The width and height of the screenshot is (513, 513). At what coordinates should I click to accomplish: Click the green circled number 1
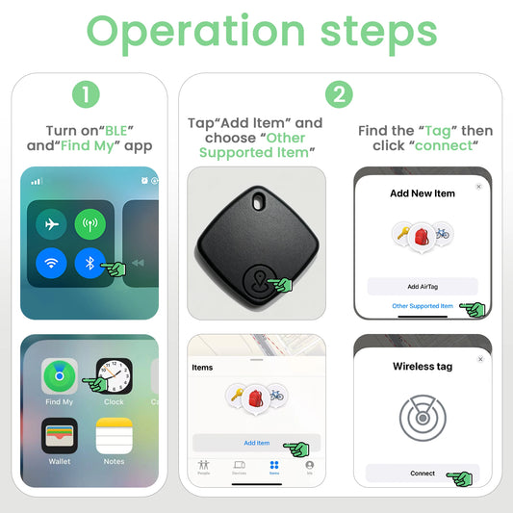(86, 94)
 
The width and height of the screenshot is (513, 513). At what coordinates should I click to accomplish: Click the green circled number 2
(339, 94)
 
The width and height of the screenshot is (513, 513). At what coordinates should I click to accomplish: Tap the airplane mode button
(51, 223)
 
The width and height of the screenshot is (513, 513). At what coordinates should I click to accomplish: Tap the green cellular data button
(90, 223)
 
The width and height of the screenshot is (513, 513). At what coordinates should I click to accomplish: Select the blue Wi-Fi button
(51, 263)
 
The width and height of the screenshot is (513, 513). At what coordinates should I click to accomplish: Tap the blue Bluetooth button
(90, 263)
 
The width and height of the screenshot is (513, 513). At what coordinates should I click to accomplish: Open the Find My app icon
(60, 376)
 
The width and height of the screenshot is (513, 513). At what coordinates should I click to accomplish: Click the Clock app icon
(114, 376)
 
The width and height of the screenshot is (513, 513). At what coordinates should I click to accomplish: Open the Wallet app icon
(60, 436)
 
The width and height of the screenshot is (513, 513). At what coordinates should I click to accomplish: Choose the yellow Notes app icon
(114, 436)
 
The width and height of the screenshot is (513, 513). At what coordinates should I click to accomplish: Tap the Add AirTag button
(423, 286)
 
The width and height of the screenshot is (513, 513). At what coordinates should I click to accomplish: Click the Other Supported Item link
(423, 306)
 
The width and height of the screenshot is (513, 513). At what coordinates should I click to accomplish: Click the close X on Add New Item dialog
(478, 187)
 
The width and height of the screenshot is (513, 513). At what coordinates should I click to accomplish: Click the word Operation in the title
(179, 34)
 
